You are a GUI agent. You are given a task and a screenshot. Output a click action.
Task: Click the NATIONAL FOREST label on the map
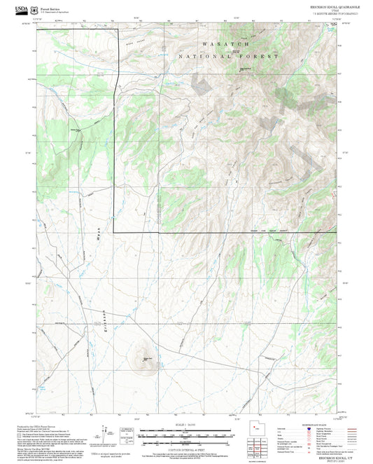click(x=228, y=55)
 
